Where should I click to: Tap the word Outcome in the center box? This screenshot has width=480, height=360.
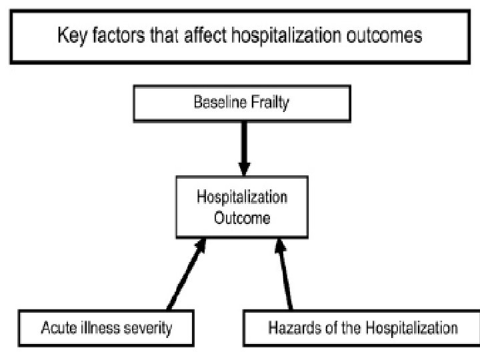pyautogui.click(x=241, y=217)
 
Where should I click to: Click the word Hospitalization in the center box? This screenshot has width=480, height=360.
pyautogui.click(x=241, y=198)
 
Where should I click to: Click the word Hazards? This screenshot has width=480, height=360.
pyautogui.click(x=289, y=328)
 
